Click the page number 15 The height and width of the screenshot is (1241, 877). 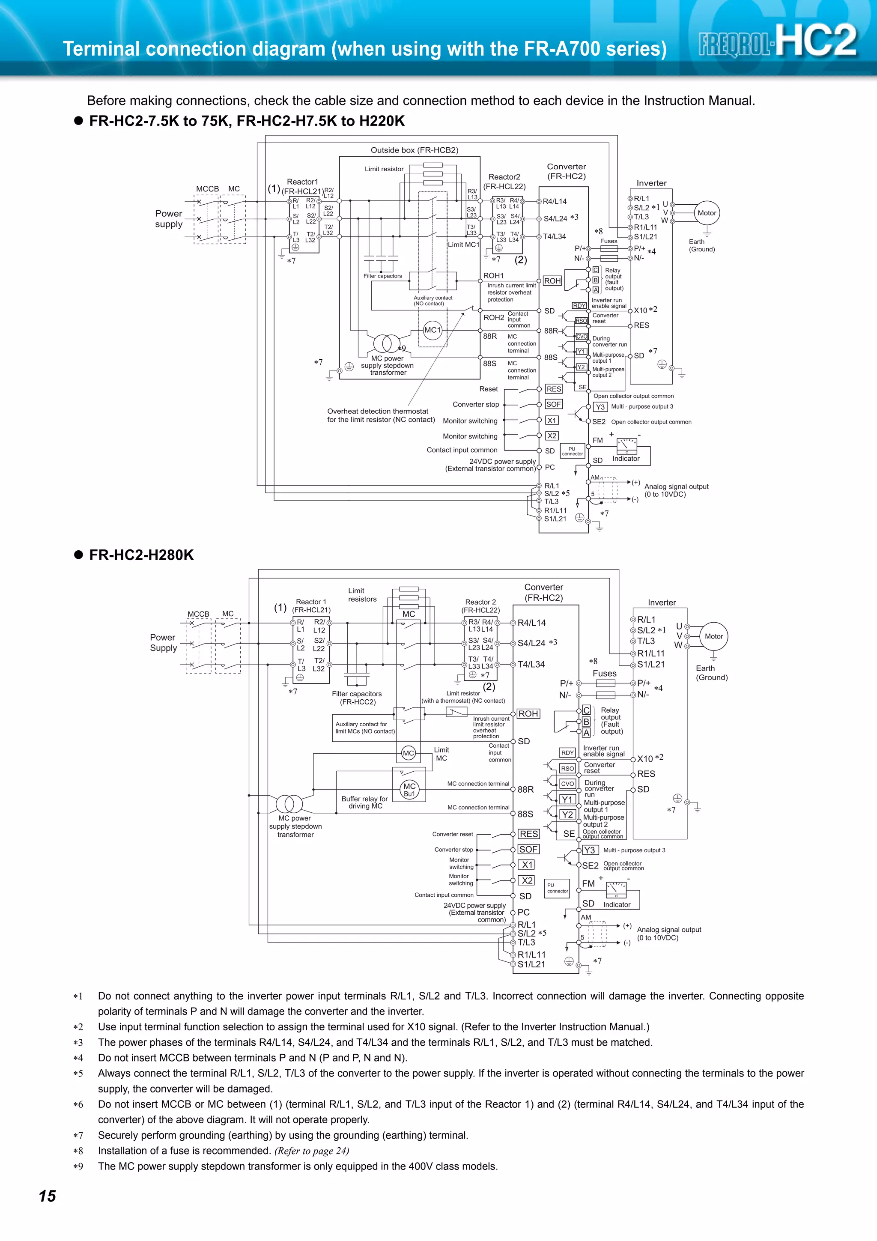(x=48, y=1196)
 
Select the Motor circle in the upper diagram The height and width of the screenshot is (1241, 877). (x=707, y=213)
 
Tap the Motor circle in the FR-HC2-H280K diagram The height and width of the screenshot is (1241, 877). (x=713, y=636)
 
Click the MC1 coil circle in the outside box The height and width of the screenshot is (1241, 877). (x=432, y=330)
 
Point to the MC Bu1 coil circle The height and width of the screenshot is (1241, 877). (x=409, y=790)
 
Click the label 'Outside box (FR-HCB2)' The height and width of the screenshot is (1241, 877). (x=414, y=150)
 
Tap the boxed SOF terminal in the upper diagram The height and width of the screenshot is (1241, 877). (x=553, y=404)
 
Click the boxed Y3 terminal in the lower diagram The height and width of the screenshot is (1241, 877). (x=590, y=850)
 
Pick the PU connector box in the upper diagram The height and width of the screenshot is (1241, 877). (x=572, y=451)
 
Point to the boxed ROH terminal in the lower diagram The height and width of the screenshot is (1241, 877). (x=528, y=713)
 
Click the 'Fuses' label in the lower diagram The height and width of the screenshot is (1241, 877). (x=604, y=674)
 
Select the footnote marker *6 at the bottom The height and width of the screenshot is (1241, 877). (x=78, y=1105)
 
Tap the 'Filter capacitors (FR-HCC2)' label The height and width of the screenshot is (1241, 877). (x=357, y=698)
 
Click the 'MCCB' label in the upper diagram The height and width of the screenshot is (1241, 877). (x=208, y=189)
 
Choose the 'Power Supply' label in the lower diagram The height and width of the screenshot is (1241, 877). (x=163, y=643)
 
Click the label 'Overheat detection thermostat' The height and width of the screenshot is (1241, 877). (x=378, y=412)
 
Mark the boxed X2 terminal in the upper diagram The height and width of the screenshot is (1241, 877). (x=552, y=436)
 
